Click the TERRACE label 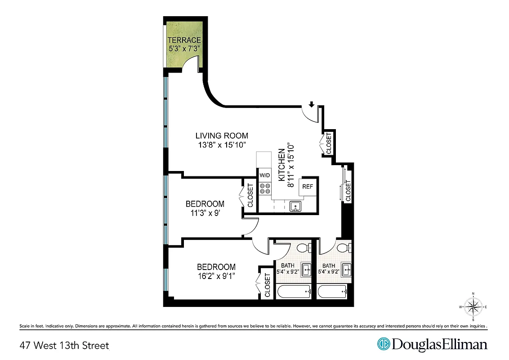(184, 40)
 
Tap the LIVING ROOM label (221, 135)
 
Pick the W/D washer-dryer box (264, 175)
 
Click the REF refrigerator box (308, 186)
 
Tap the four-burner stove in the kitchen (265, 189)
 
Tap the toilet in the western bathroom (303, 247)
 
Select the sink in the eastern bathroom (346, 270)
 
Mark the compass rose (473, 307)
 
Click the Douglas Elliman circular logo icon (384, 344)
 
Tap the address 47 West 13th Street (64, 346)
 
